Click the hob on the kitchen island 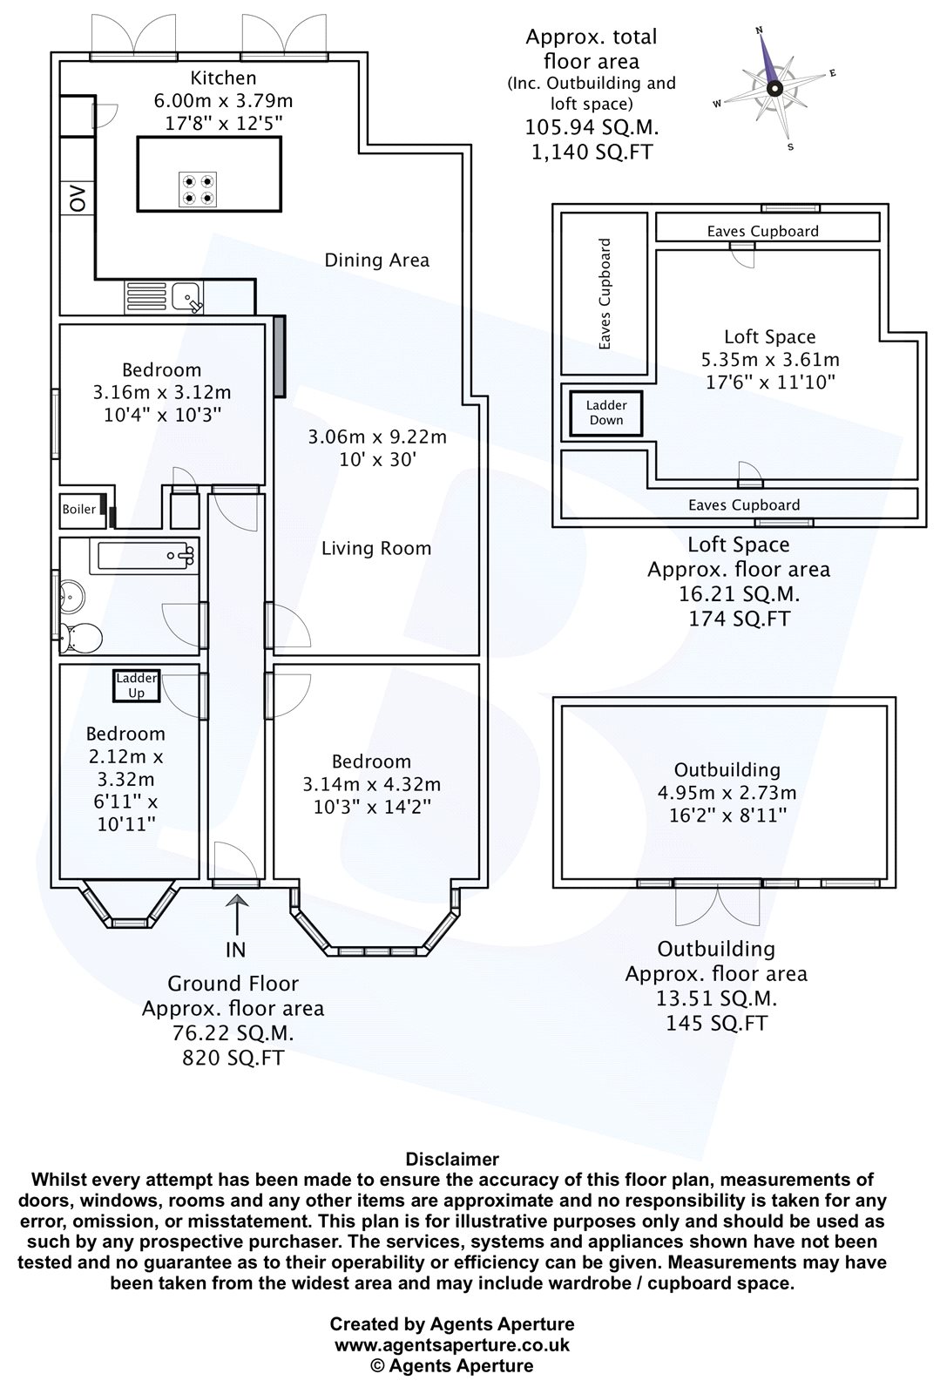(x=199, y=189)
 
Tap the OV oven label (x=78, y=199)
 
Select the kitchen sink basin (x=186, y=296)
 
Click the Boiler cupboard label (x=79, y=509)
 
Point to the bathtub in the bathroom (x=145, y=556)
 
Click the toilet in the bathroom (x=82, y=638)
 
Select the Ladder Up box (x=136, y=686)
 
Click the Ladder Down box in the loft (x=606, y=413)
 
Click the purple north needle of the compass (x=767, y=61)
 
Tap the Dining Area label (x=377, y=261)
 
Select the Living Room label (x=376, y=548)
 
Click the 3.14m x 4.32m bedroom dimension (x=372, y=785)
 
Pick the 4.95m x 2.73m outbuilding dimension (x=727, y=793)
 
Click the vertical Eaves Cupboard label (x=604, y=294)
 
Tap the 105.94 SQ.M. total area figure (x=592, y=127)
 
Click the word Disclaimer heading (x=452, y=1159)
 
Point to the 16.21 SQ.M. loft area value (x=739, y=593)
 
